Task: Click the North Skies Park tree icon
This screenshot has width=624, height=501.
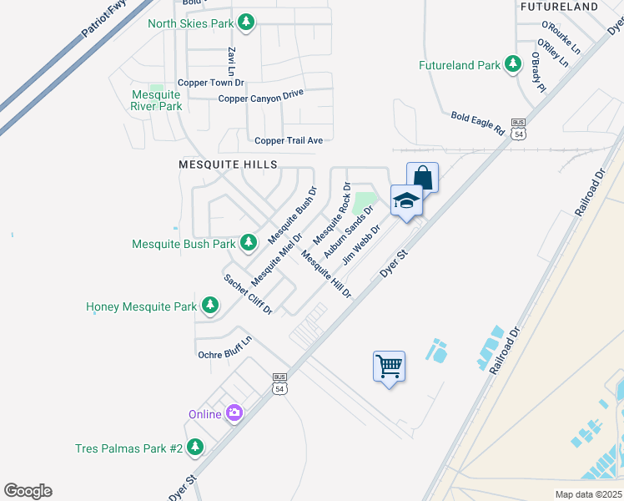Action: pyautogui.click(x=245, y=23)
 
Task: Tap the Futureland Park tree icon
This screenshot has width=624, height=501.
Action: pyautogui.click(x=512, y=65)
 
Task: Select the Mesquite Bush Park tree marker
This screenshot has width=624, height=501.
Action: pyautogui.click(x=248, y=243)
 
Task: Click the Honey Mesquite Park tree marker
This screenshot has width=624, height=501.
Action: pyautogui.click(x=210, y=306)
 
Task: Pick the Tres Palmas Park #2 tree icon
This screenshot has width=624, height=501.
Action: pyautogui.click(x=195, y=448)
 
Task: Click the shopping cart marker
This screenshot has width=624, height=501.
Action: pyautogui.click(x=389, y=367)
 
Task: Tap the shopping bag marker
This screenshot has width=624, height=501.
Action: pyautogui.click(x=422, y=178)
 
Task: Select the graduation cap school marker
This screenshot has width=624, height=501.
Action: pyautogui.click(x=406, y=201)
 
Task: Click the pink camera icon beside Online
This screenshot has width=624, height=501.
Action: pyautogui.click(x=234, y=413)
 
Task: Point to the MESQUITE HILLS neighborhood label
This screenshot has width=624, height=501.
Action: pyautogui.click(x=227, y=165)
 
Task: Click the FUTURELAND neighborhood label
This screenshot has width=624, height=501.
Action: pyautogui.click(x=559, y=7)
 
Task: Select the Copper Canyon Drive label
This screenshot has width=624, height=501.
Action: pyautogui.click(x=260, y=98)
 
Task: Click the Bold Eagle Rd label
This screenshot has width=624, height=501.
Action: pyautogui.click(x=478, y=124)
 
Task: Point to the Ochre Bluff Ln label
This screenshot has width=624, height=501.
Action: pyautogui.click(x=224, y=354)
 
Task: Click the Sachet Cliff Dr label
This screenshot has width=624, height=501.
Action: pyautogui.click(x=248, y=294)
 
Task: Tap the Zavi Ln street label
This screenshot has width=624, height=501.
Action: pyautogui.click(x=231, y=62)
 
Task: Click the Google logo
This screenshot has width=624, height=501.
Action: pyautogui.click(x=28, y=491)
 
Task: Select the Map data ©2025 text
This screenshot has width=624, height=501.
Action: pyautogui.click(x=588, y=494)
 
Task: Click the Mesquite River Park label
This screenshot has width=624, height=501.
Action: pyautogui.click(x=156, y=100)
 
